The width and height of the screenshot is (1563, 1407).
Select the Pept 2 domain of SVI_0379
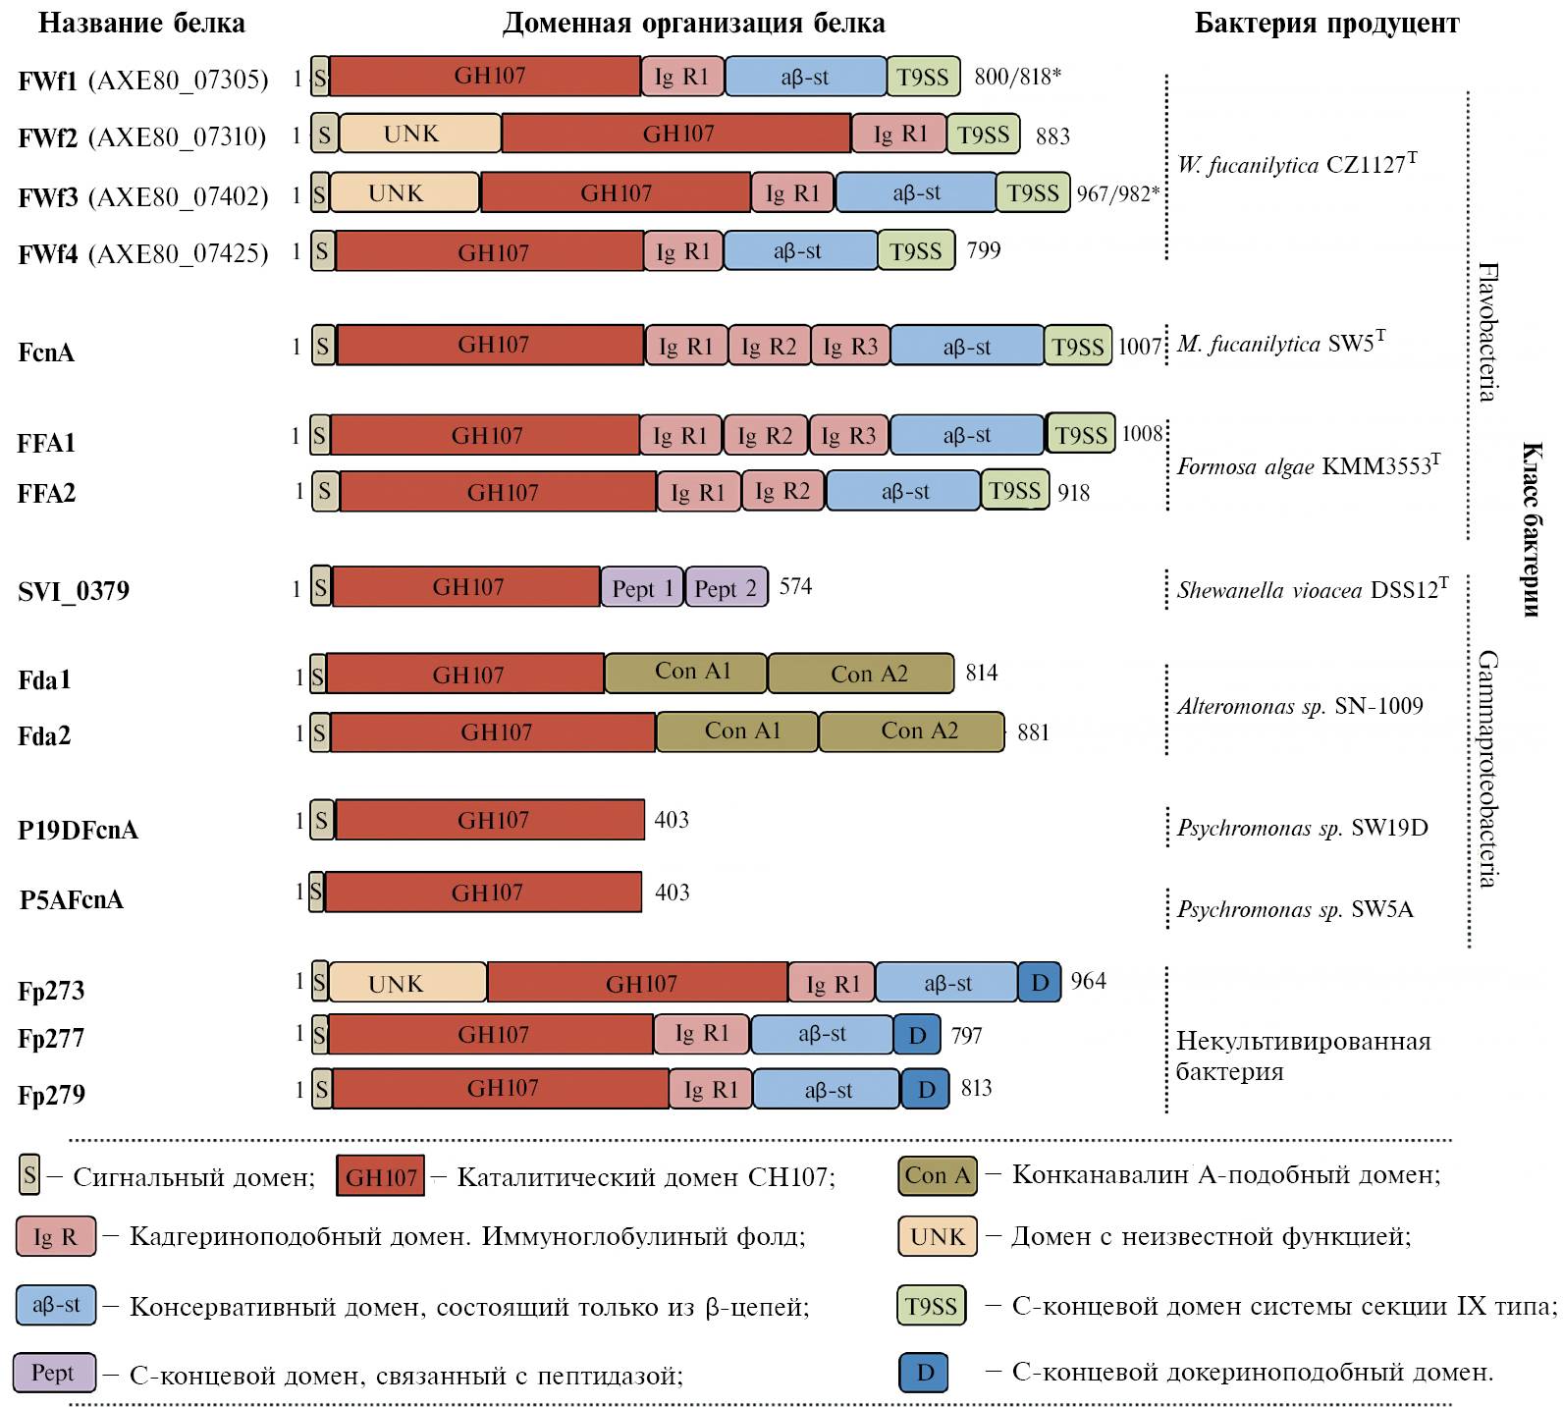[727, 588]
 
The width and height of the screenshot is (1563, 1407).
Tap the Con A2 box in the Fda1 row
[861, 674]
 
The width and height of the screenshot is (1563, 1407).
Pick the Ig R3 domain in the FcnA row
[850, 346]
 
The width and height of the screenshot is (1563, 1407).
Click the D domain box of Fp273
[1040, 982]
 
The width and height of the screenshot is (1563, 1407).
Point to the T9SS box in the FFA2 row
[1015, 491]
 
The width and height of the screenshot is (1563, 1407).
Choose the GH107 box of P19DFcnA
[491, 820]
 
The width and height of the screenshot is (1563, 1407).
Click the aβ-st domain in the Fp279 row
[827, 1089]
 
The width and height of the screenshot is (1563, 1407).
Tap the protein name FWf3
[47, 197]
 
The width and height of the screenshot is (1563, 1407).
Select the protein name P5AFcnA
[72, 899]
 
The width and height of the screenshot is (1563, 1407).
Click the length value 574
[795, 587]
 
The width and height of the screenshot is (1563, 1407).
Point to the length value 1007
[1140, 347]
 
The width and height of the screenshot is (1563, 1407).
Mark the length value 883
[1052, 136]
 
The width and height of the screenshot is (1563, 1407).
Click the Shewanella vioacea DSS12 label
[1312, 589]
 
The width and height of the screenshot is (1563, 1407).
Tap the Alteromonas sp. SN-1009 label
[1300, 706]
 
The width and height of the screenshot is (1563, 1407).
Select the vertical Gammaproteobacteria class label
[1488, 768]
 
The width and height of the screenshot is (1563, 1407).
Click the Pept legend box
[54, 1372]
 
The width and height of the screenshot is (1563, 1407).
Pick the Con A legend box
[938, 1175]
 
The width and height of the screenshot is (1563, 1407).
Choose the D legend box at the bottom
[924, 1372]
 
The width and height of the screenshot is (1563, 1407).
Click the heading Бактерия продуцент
[1326, 24]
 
